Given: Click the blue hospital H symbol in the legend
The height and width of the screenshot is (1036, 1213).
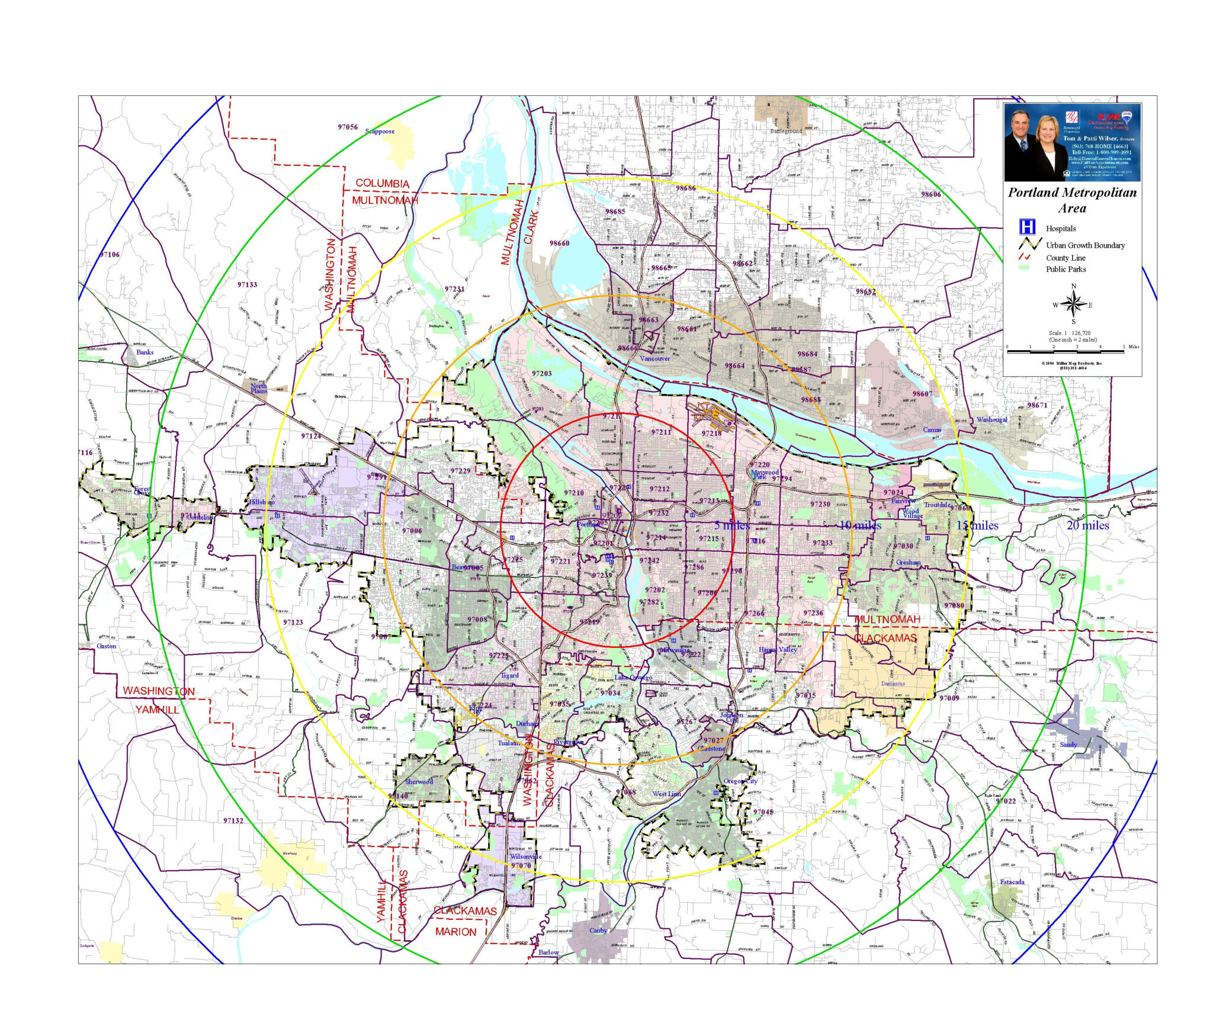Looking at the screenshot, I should pos(1026,227).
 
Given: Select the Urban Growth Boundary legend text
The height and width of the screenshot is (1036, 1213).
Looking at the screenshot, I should pos(1085,245).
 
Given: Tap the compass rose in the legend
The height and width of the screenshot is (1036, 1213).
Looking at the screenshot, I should pos(1073,304).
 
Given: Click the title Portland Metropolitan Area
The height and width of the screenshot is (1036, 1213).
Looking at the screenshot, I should pos(1072,200).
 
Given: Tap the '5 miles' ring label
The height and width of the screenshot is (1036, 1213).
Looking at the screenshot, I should pos(731,525).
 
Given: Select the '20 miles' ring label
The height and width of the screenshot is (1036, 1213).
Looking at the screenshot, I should pos(1087,525).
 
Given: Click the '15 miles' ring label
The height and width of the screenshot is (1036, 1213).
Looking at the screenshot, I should pos(977,525).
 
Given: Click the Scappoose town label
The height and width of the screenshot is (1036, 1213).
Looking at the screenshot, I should pos(380,131).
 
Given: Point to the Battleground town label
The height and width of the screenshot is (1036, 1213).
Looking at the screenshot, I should pos(786,131).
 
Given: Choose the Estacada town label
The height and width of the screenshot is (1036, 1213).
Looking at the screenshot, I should pos(1012,882).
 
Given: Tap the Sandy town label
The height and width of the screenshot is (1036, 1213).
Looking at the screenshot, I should pos(1068,745).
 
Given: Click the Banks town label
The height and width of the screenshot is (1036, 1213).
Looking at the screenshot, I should pos(145,352).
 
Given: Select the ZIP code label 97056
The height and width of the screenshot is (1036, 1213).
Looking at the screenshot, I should pos(348,127).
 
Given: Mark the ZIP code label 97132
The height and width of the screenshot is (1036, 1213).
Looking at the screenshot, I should pos(233,820).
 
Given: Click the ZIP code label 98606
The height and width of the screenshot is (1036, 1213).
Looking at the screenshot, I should pos(931,194).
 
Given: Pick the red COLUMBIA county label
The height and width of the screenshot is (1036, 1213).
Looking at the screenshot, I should pos(382,184).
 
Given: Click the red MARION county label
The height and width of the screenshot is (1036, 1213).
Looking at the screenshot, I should pos(455,932).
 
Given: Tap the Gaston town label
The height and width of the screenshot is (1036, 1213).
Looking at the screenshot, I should pos(107,646).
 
